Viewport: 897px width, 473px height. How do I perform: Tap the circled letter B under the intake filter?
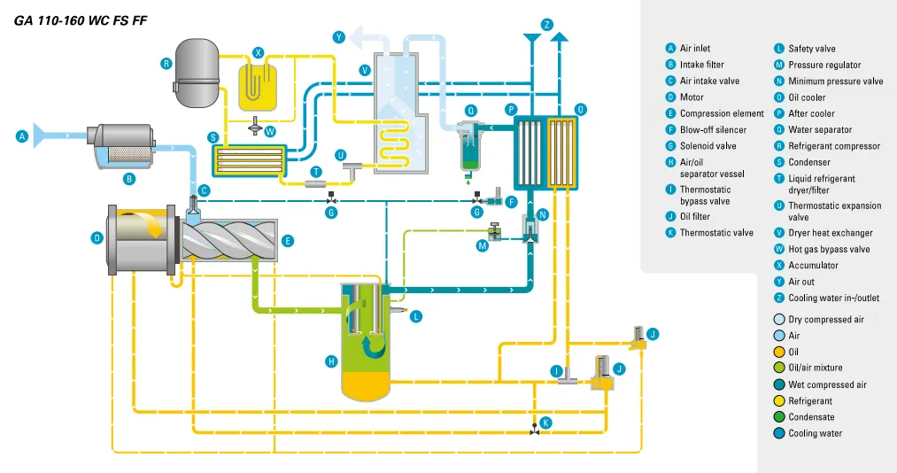[x=128, y=178]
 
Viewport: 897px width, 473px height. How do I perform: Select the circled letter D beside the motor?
[x=97, y=237]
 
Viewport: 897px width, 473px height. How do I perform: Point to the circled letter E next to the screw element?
[x=288, y=240]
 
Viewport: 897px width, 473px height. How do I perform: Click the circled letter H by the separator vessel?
[x=331, y=361]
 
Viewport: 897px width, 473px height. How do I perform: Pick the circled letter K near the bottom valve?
[x=545, y=423]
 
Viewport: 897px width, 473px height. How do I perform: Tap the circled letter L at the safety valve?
[x=416, y=315]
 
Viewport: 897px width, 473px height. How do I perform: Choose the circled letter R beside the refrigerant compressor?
[x=166, y=63]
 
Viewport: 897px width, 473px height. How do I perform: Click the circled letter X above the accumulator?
[x=258, y=52]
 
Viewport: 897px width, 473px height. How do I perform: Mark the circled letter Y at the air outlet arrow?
[x=338, y=36]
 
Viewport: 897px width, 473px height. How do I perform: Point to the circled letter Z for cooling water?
[x=546, y=24]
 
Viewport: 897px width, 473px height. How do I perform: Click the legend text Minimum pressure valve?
[x=835, y=81]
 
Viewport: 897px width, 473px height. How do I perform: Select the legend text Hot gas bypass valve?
[x=829, y=249]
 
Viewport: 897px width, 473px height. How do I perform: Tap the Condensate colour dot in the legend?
[x=779, y=417]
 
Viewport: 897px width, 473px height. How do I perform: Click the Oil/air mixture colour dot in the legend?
[x=779, y=368]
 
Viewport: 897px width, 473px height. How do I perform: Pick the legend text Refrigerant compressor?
[x=834, y=146]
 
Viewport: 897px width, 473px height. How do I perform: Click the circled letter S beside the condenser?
[x=213, y=137]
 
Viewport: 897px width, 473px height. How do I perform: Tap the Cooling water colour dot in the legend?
[x=779, y=433]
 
